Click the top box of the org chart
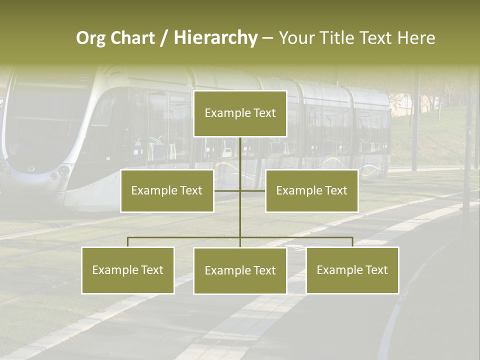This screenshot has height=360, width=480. pos(240,113)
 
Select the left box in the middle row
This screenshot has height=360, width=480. pos(167,190)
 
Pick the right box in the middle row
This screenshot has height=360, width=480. pos(311,190)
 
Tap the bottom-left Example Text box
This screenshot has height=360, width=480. pos(128,270)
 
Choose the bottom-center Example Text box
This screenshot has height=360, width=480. pos(240,270)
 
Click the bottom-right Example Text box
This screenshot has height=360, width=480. pos(352,270)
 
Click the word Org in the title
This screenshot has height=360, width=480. pos(90,38)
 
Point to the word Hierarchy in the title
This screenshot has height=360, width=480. pos(215,38)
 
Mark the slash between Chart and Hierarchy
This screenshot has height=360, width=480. pos(164,38)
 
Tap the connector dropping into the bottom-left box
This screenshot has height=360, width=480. pos(128,242)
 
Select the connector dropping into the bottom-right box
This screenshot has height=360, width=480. pos(352,242)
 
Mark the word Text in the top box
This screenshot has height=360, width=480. pos(264,113)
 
